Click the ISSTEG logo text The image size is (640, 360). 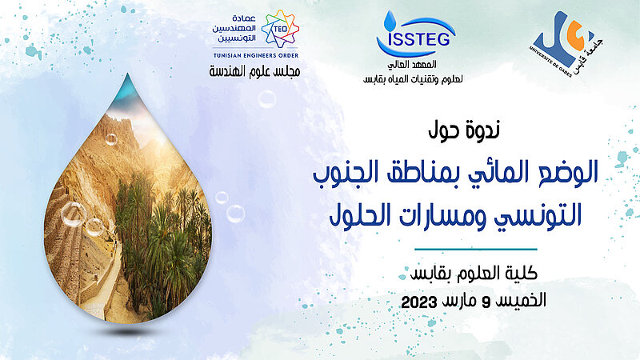(419, 38)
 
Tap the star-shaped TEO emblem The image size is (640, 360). (281, 29)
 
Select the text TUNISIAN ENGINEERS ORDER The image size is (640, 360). (256, 55)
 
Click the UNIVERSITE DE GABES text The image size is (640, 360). (550, 62)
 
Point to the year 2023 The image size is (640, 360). (419, 302)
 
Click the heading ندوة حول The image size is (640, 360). (464, 130)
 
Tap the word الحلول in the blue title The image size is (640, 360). (362, 215)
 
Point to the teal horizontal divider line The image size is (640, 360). (476, 249)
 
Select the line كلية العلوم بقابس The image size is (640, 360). (474, 274)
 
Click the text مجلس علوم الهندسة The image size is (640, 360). (254, 71)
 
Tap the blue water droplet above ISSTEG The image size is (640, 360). (390, 18)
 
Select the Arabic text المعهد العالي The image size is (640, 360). (412, 65)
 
